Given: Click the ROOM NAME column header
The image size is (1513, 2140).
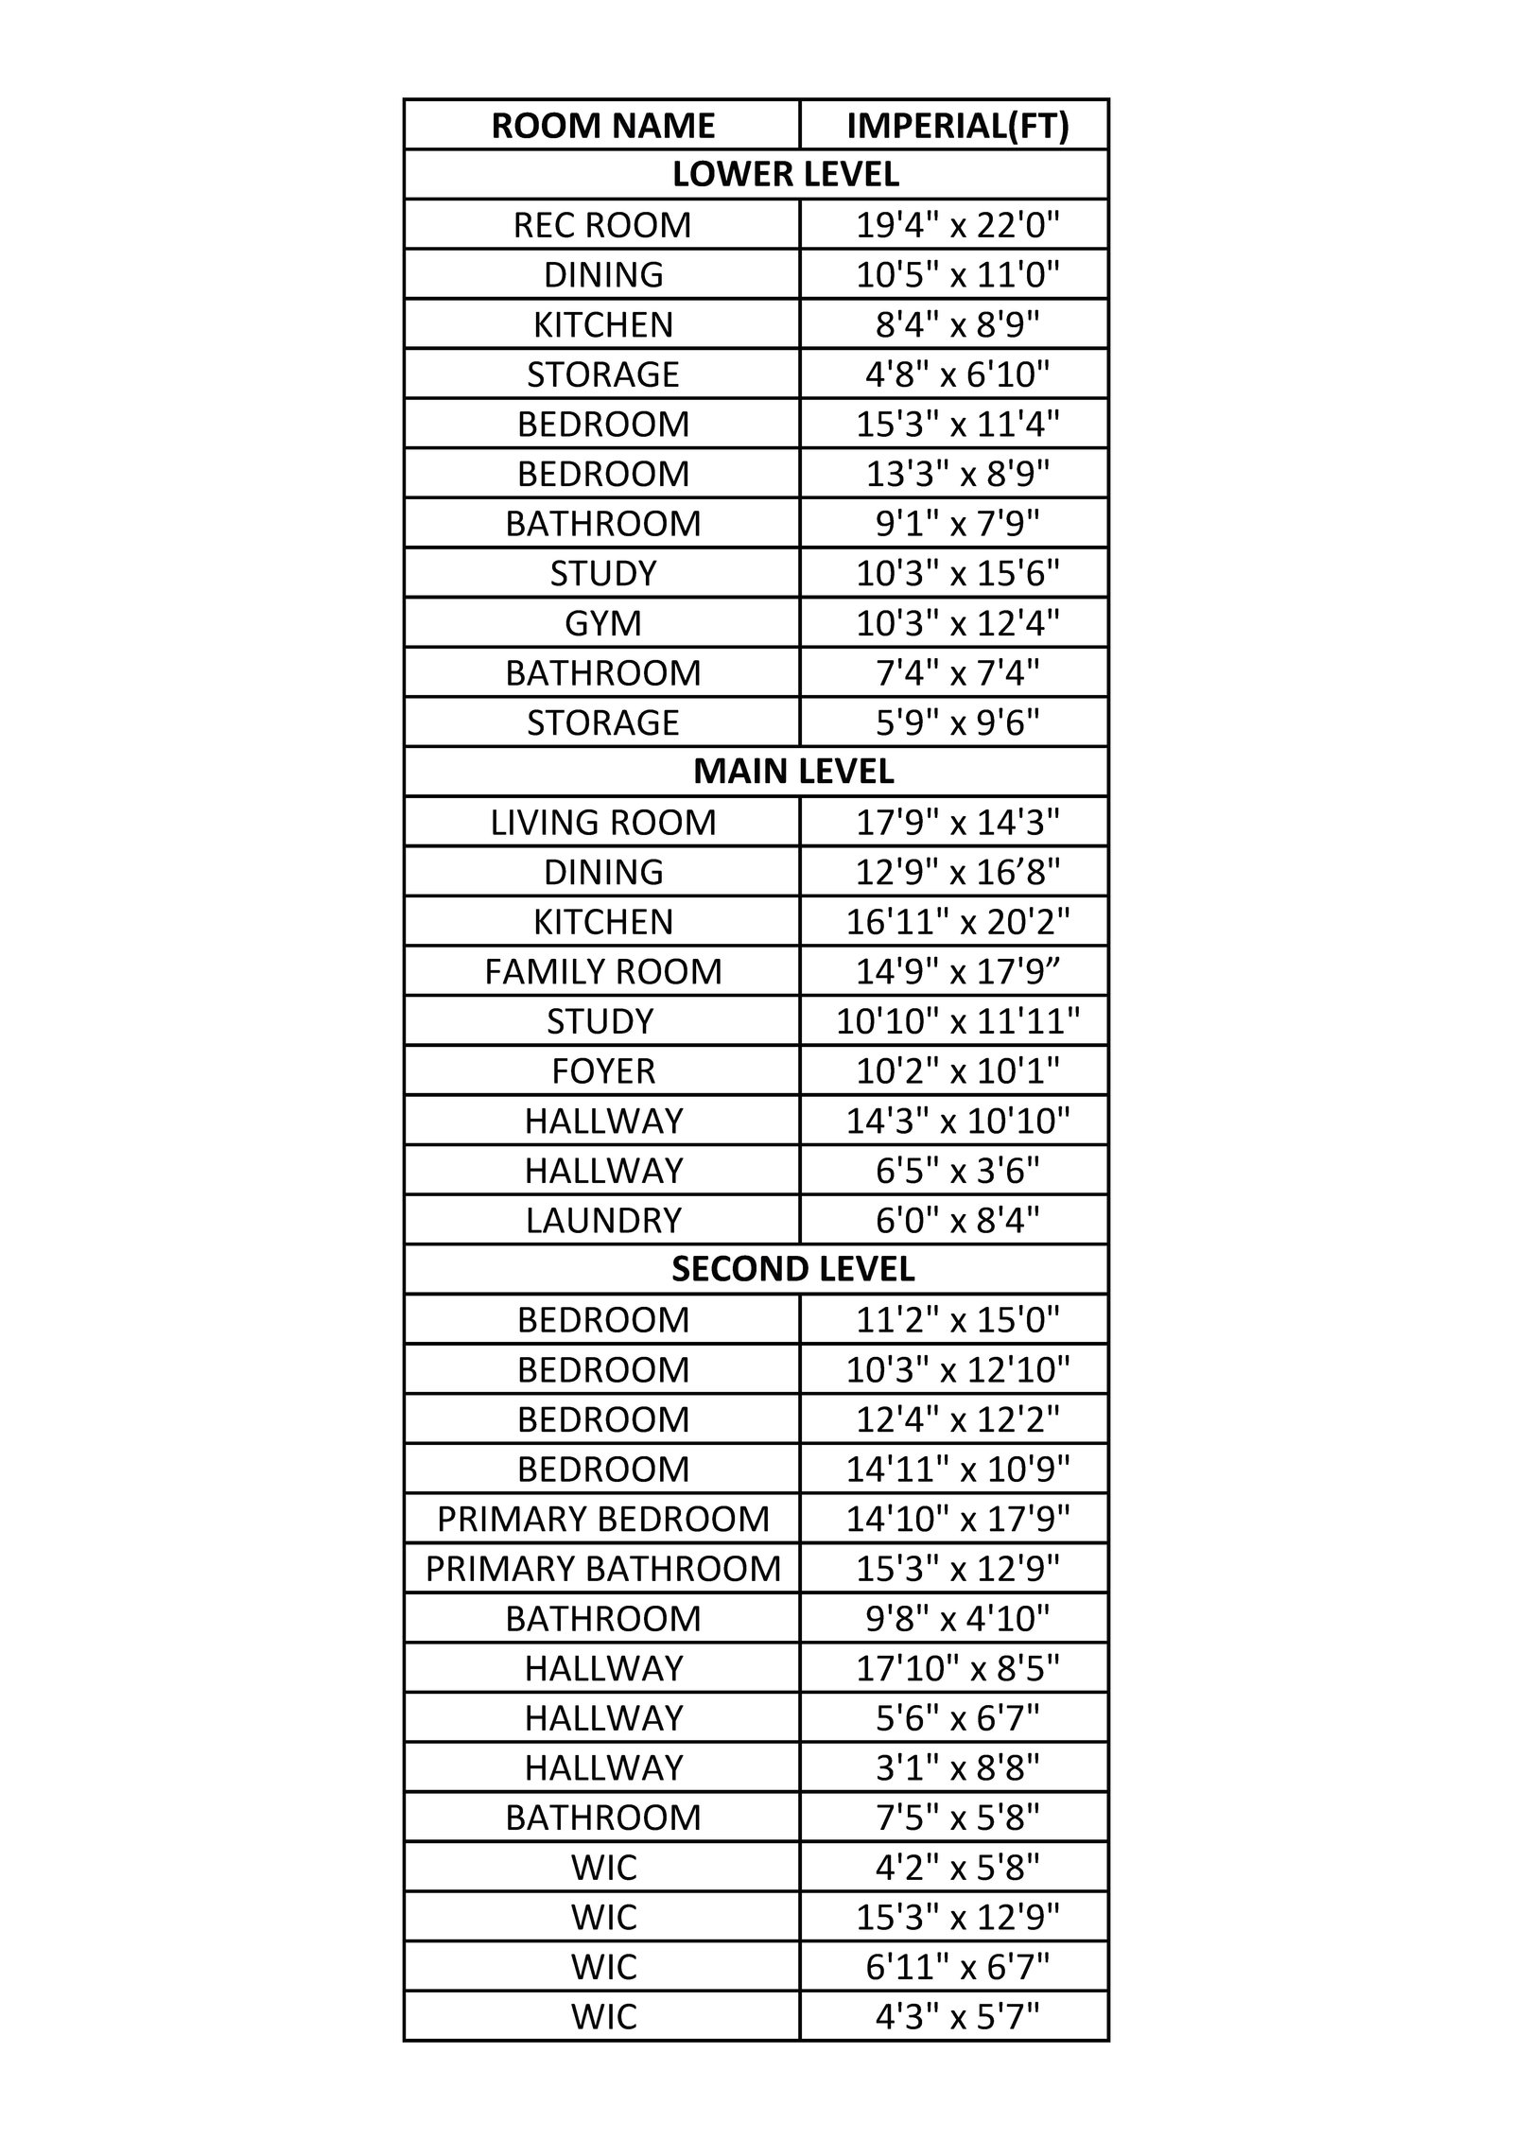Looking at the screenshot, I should (602, 126).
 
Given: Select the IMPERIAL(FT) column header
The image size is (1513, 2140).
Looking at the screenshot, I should (957, 126).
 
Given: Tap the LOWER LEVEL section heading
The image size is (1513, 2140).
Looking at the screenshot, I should (785, 174).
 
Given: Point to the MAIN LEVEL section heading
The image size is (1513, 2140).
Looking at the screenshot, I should (792, 772).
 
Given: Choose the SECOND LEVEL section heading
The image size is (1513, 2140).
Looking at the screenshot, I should (792, 1269).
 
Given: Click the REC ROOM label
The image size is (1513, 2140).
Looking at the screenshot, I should (602, 225).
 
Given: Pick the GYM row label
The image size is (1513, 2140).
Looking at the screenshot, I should (602, 623).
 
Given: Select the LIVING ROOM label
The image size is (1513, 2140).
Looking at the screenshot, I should (602, 823).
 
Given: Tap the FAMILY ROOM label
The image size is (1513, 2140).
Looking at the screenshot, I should (602, 972).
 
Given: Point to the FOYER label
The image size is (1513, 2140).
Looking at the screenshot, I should (602, 1071).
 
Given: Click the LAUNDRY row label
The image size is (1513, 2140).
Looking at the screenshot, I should (602, 1221).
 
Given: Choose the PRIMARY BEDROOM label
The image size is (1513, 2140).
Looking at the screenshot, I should (602, 1519).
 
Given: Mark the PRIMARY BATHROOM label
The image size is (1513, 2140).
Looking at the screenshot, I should (602, 1569).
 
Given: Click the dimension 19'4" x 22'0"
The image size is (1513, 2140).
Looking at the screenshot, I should (957, 225).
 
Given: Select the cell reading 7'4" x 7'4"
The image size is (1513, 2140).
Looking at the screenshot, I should (957, 673).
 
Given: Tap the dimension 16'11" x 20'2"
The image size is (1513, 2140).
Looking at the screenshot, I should (957, 922).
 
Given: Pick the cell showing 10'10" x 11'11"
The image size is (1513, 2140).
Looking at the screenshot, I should (957, 1021).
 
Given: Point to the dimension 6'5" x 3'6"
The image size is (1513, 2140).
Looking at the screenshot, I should (957, 1171).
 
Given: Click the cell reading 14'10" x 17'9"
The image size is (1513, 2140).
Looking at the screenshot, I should (957, 1519).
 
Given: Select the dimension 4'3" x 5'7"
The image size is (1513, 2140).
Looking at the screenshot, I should (957, 2017).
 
